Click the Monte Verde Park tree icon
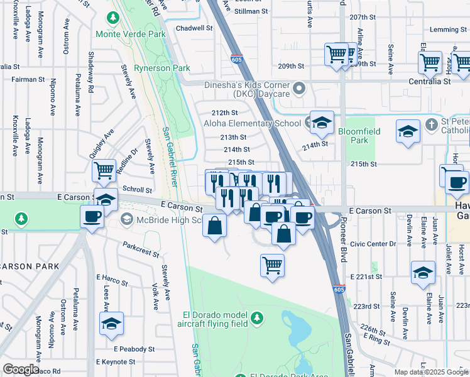(113, 19)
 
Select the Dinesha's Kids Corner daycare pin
(300, 88)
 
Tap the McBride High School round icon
(126, 219)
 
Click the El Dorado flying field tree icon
(256, 319)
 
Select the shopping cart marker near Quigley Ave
(104, 170)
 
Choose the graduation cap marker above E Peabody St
(111, 324)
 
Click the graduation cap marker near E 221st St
(423, 273)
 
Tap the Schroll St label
(138, 189)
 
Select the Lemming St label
(446, 30)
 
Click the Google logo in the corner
(21, 369)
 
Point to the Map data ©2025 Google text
(430, 372)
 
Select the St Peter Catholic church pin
(430, 124)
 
